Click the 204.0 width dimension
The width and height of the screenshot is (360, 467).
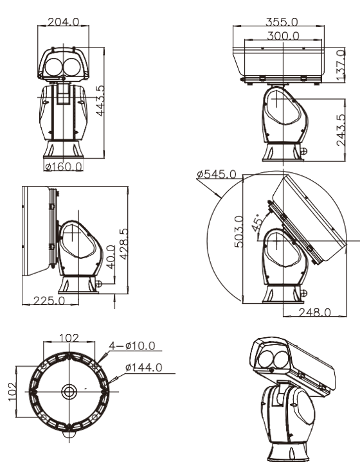(x=64, y=22)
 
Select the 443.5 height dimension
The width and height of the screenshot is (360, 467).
(x=100, y=101)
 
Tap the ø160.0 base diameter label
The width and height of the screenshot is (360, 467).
(x=64, y=166)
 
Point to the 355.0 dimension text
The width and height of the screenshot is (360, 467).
(x=282, y=22)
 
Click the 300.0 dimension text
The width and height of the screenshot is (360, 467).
(x=283, y=36)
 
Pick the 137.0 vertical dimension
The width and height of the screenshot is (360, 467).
(x=340, y=66)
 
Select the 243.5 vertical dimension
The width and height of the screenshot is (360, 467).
(x=341, y=130)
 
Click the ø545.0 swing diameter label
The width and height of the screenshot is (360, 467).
(x=217, y=174)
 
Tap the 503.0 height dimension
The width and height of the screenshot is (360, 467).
(x=239, y=232)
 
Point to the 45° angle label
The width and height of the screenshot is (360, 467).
(x=256, y=222)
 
